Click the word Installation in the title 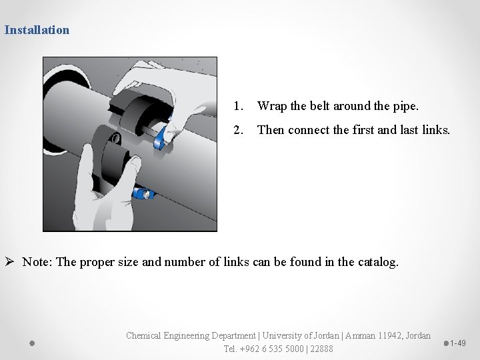(x=37, y=29)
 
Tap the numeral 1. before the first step (x=238, y=106)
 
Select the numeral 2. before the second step (x=238, y=130)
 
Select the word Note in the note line (x=37, y=261)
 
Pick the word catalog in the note (x=377, y=261)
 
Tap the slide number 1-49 (x=457, y=343)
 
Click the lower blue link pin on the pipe (x=143, y=194)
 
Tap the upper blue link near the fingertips (x=162, y=137)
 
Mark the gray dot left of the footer (x=32, y=343)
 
